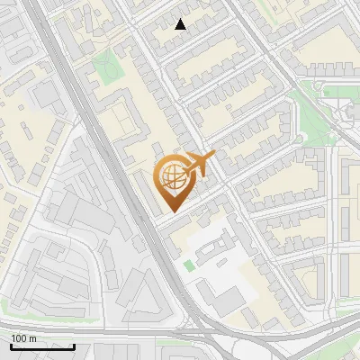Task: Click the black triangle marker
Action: coord(181,24)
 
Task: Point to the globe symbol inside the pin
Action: coord(171,175)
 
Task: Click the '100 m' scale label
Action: coord(23,338)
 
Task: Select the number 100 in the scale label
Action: coord(19,338)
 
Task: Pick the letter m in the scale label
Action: coord(32,338)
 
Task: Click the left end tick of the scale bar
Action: coord(10,344)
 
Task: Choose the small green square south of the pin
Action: coord(188,265)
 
